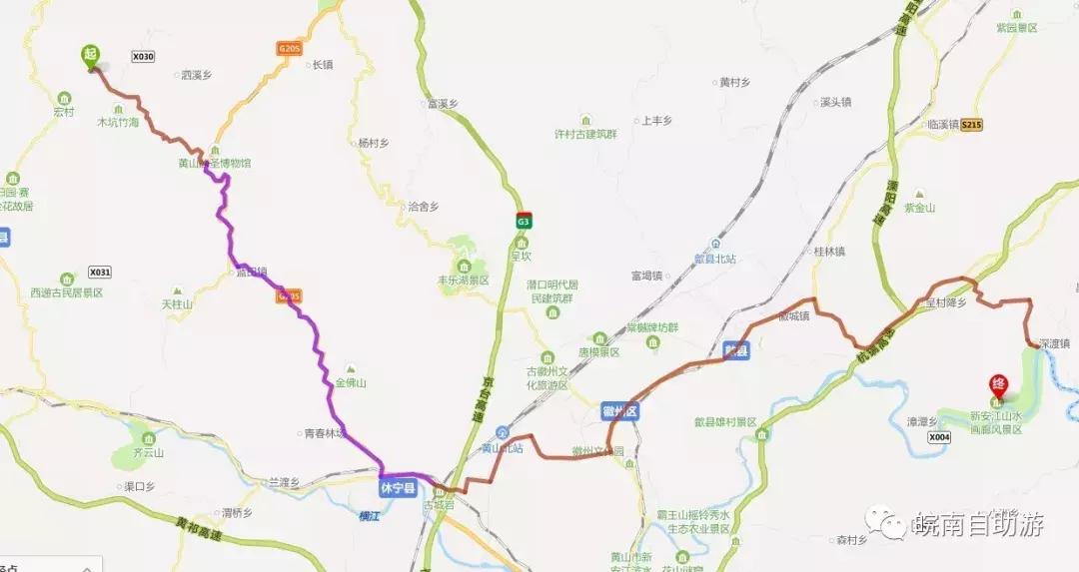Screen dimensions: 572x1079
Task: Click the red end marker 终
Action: pos(997,383)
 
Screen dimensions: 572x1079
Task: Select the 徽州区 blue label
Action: pos(619,411)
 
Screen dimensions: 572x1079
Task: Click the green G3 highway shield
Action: pos(523,220)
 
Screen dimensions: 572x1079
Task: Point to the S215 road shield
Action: pos(972,125)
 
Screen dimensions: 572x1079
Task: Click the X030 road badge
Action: pos(143,57)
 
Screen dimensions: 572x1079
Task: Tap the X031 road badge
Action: pos(100,272)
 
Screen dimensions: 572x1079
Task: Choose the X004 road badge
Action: pos(938,437)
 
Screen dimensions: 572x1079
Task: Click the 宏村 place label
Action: pos(64,112)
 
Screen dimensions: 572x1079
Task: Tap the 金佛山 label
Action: pos(351,382)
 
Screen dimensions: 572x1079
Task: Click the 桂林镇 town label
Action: pos(829,252)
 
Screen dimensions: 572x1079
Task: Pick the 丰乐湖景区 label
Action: pos(464,281)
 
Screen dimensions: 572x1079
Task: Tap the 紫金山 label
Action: pos(918,208)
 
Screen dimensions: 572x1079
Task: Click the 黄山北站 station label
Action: pos(503,447)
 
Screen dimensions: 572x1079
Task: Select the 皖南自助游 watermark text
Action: pos(977,524)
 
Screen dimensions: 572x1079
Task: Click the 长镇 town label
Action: pos(322,65)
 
